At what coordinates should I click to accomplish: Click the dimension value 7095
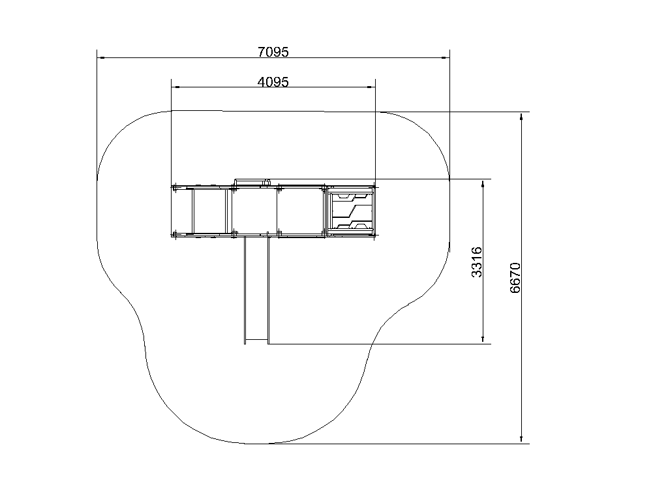[273, 52]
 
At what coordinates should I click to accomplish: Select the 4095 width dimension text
[273, 82]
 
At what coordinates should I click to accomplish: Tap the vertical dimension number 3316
[477, 262]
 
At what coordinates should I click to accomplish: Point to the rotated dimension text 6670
[515, 278]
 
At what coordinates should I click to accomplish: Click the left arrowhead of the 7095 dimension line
[100, 57]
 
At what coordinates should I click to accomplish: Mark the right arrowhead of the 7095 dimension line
[446, 57]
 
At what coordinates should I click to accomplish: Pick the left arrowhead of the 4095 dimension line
[175, 87]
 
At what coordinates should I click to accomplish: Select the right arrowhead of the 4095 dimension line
[371, 87]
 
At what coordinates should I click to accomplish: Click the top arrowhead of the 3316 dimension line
[483, 183]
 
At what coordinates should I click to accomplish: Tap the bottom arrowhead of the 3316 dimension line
[483, 339]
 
